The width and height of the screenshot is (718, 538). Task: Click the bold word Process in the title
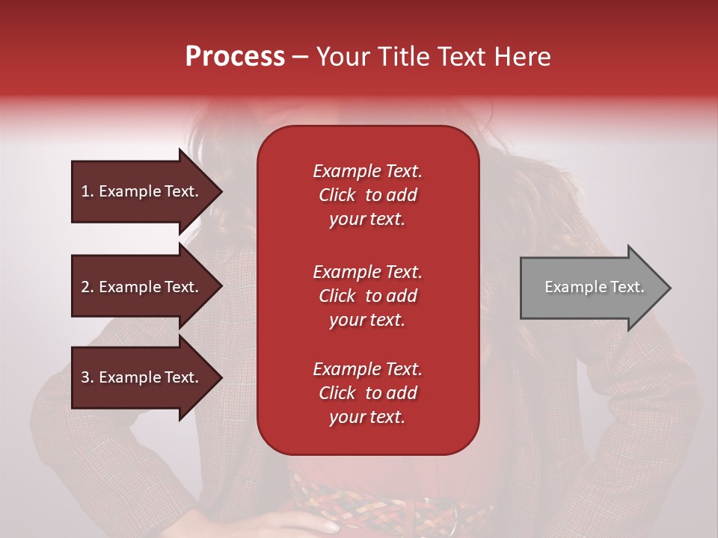click(235, 57)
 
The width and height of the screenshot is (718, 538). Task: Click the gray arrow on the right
click(591, 288)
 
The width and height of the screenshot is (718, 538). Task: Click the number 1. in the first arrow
click(88, 191)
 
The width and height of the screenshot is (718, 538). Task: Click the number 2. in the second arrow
click(88, 287)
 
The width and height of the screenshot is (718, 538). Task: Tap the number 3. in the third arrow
click(88, 377)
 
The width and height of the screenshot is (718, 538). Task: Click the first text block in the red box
click(367, 195)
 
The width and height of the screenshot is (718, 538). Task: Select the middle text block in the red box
click(367, 296)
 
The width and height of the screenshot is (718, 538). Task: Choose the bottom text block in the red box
click(367, 393)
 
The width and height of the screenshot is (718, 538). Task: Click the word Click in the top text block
click(337, 195)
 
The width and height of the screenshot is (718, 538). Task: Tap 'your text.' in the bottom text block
click(367, 417)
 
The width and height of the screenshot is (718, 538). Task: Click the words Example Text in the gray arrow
click(594, 287)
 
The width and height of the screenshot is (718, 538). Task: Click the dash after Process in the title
click(300, 57)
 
